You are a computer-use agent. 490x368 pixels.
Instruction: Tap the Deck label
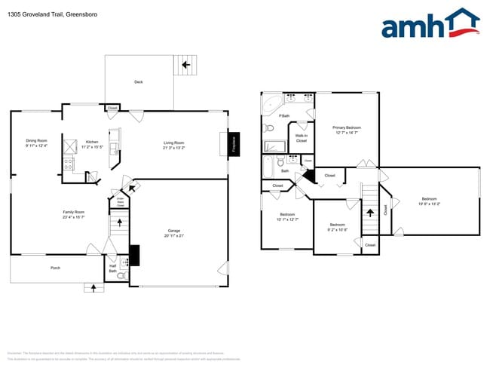(x=138, y=82)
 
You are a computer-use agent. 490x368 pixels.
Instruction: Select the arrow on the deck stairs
(x=185, y=66)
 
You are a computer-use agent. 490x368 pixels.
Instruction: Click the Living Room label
(x=174, y=143)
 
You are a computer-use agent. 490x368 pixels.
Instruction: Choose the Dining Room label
(x=36, y=141)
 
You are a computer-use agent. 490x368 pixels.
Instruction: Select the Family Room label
(x=73, y=212)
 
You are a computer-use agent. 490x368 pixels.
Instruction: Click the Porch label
(x=55, y=268)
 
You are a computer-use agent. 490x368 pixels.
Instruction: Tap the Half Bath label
(x=112, y=267)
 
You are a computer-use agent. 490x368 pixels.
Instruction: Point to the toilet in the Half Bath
(x=121, y=277)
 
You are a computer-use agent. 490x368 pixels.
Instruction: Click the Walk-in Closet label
(x=301, y=138)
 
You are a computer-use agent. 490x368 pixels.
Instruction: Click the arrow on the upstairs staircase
(x=369, y=213)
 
